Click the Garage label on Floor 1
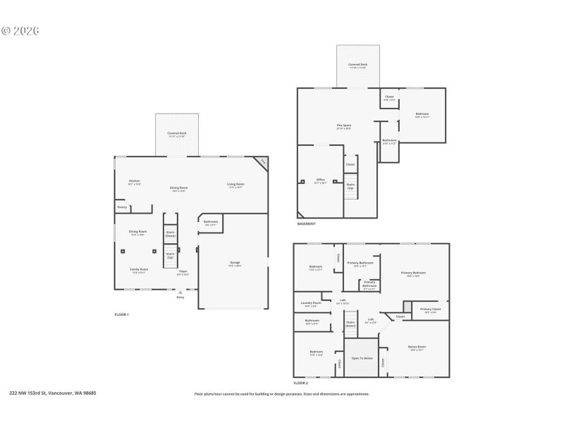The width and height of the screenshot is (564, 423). point(235,264)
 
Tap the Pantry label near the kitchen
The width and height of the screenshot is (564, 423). point(122,207)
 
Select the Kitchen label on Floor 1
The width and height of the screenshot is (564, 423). point(134,181)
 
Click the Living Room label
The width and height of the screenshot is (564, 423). point(235,185)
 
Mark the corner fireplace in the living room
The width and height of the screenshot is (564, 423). point(262,161)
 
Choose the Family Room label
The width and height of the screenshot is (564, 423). point(139,270)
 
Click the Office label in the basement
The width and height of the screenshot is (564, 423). point(320,180)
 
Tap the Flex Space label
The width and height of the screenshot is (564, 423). point(344,127)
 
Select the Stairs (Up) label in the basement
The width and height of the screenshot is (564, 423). point(350,186)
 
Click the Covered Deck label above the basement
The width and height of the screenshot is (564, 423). point(358,65)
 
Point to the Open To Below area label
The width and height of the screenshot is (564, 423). point(361,357)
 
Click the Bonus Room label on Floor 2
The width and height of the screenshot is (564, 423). point(416,347)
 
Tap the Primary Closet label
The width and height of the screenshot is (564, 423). point(430,309)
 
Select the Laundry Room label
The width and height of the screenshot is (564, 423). point(311,304)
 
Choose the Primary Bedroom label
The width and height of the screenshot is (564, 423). point(414,273)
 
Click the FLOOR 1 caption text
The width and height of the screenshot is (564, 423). point(122,314)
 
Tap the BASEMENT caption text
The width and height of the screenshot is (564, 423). point(307,223)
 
